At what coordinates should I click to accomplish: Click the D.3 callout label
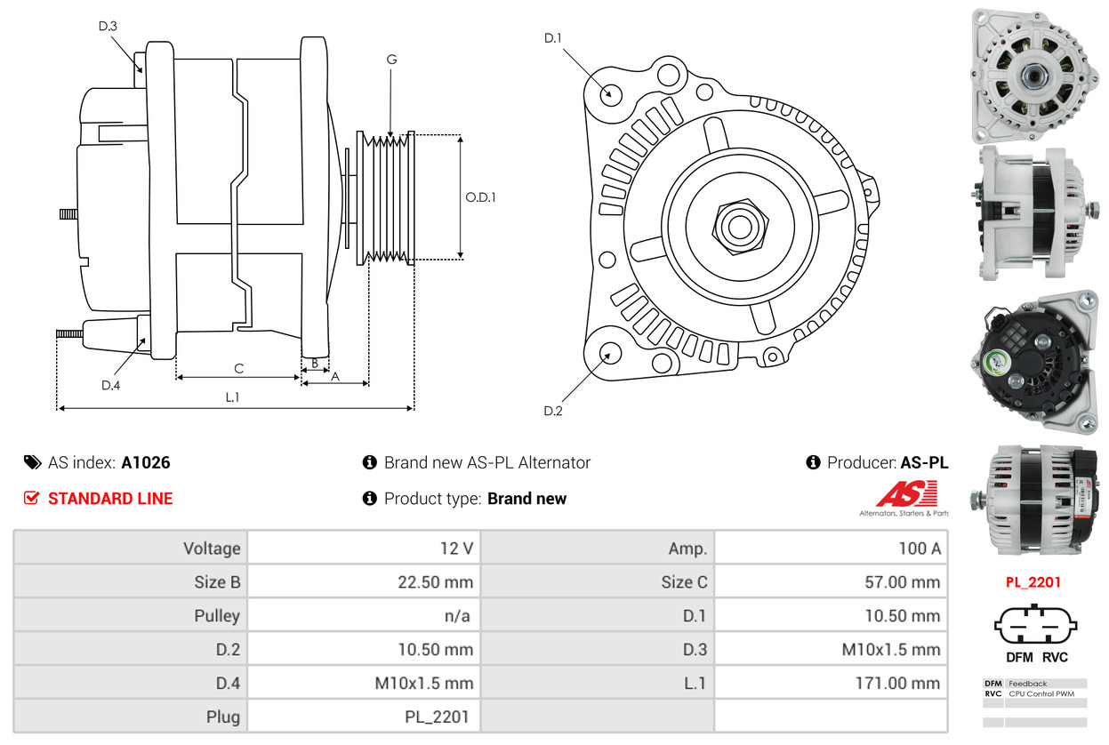pyautogui.click(x=108, y=26)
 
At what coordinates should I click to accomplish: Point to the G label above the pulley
pyautogui.click(x=391, y=60)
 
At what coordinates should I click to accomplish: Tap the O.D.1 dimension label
pyautogui.click(x=480, y=196)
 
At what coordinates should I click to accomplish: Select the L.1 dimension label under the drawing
pyautogui.click(x=232, y=397)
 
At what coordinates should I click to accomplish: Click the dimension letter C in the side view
pyautogui.click(x=238, y=368)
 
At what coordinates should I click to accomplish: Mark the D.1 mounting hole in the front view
pyautogui.click(x=610, y=92)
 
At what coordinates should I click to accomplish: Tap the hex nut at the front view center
pyautogui.click(x=738, y=224)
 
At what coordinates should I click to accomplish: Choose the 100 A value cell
pyautogui.click(x=919, y=548)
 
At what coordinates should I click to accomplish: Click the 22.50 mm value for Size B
pyautogui.click(x=435, y=582)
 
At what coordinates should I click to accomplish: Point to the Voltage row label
pyautogui.click(x=212, y=548)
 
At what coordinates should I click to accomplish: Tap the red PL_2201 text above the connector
pyautogui.click(x=1033, y=582)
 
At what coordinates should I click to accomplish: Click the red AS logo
pyautogui.click(x=906, y=494)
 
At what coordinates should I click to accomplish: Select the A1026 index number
pyautogui.click(x=146, y=462)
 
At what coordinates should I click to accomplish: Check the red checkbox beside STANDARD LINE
pyautogui.click(x=31, y=498)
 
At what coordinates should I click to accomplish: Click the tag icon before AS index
pyautogui.click(x=32, y=462)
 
